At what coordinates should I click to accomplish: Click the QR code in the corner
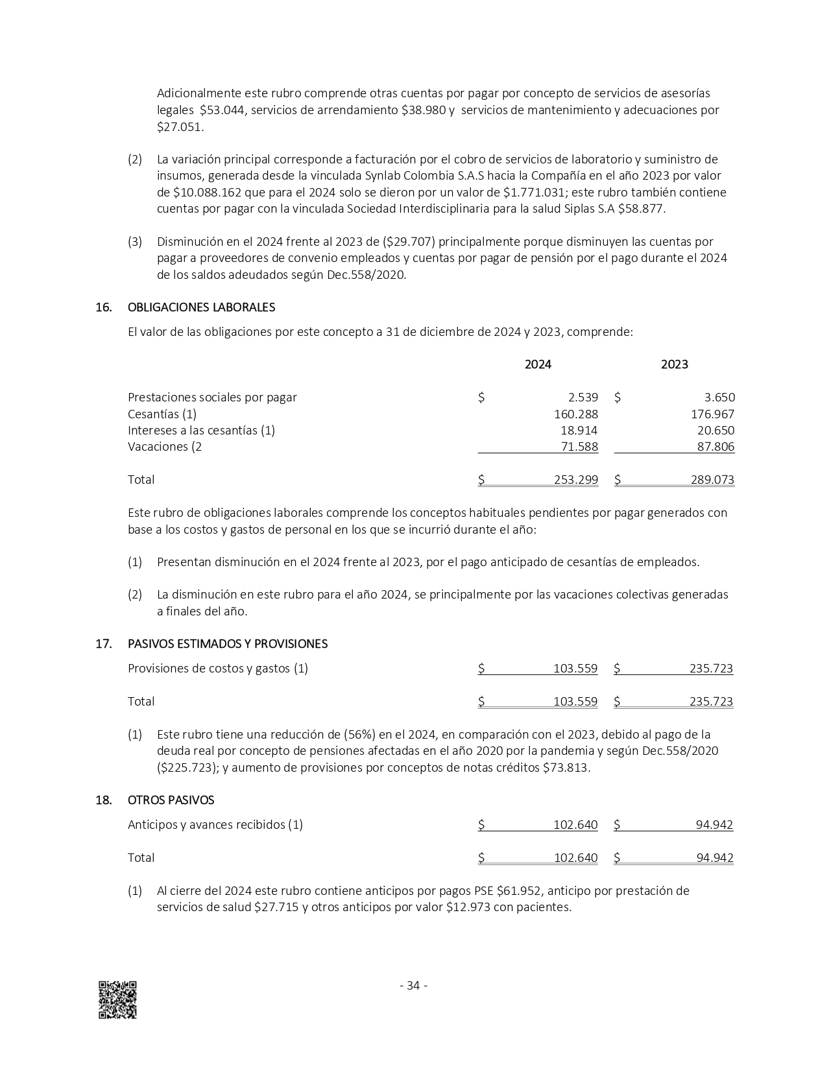click(117, 999)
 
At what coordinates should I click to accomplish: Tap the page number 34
click(413, 986)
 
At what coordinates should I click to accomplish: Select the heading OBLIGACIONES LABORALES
click(201, 307)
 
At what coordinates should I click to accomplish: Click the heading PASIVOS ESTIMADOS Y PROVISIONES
click(228, 644)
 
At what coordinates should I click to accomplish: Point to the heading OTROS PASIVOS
click(171, 800)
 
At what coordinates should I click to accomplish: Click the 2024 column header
click(538, 364)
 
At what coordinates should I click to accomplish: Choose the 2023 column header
click(674, 364)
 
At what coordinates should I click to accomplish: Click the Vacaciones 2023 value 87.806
click(713, 447)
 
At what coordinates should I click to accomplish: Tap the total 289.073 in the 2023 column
click(712, 480)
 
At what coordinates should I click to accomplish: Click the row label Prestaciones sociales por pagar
click(212, 398)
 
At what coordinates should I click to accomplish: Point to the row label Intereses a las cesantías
click(201, 431)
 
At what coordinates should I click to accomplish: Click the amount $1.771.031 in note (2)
click(533, 193)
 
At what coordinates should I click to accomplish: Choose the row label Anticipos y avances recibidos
click(215, 825)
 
